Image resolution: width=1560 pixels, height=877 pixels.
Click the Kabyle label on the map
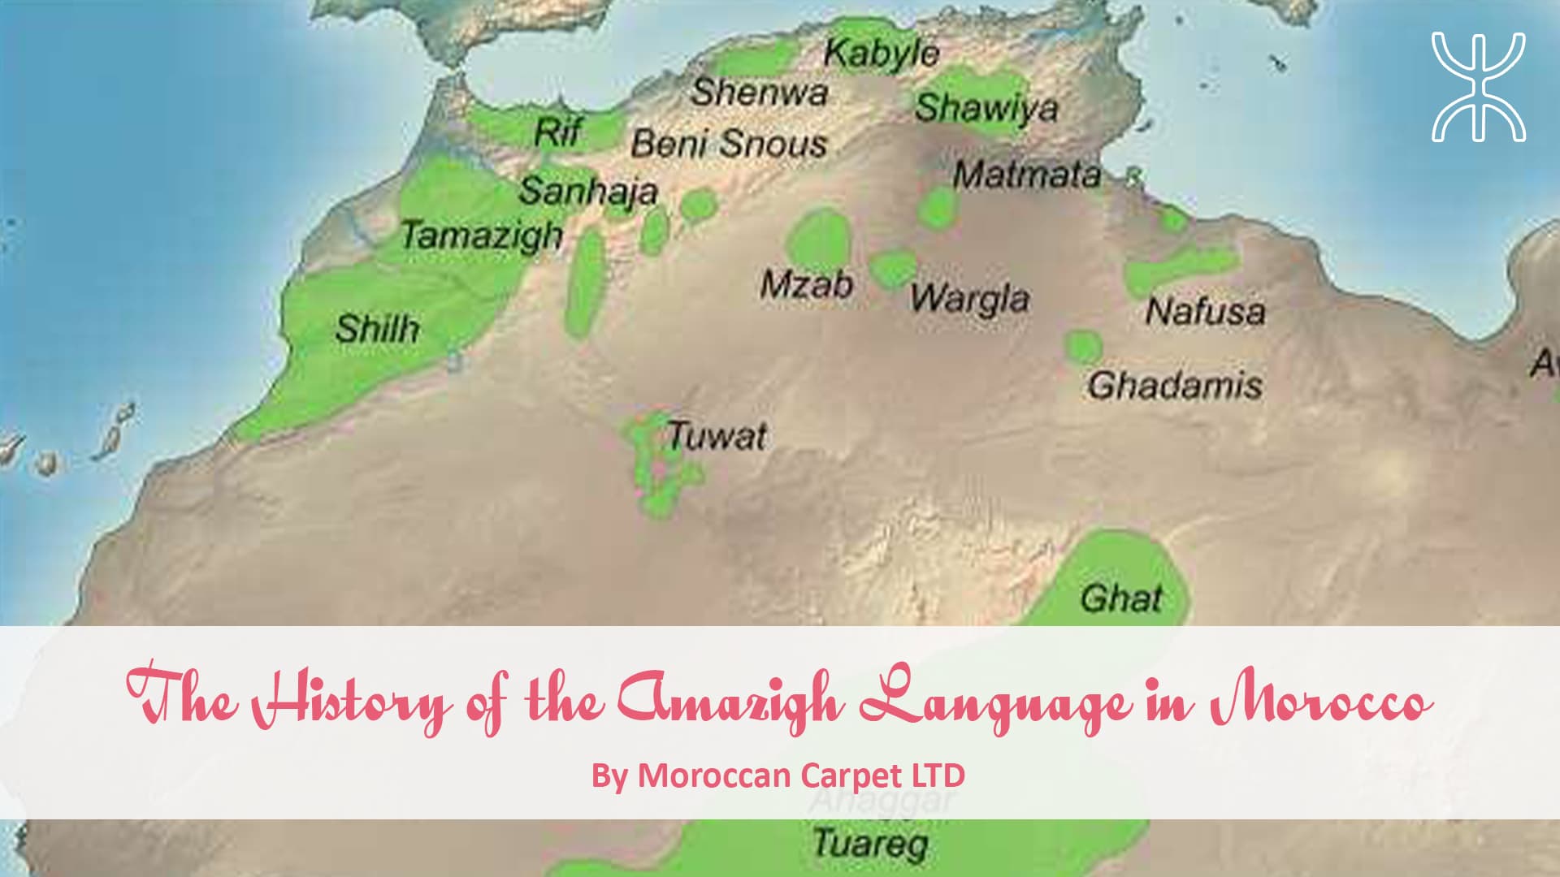[x=881, y=54]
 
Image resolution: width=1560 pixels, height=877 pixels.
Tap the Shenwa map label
[x=759, y=92]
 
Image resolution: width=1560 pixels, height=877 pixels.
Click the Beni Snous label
[x=729, y=144]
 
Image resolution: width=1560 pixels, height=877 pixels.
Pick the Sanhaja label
[x=588, y=192]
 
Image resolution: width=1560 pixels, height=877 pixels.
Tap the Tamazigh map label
[x=481, y=236]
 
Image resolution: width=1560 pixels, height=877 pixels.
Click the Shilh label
[x=377, y=329]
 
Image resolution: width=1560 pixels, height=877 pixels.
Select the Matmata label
[x=1027, y=175]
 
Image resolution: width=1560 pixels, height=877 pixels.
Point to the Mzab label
[x=806, y=285]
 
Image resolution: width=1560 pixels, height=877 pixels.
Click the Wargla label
[x=968, y=299]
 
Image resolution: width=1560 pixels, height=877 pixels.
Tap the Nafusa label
[x=1205, y=311]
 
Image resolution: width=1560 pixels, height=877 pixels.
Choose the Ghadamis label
[x=1175, y=385]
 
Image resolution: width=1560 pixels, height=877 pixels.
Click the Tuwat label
[x=717, y=437]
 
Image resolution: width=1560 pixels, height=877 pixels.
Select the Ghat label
[x=1121, y=598]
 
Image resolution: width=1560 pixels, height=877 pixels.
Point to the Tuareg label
[x=870, y=844]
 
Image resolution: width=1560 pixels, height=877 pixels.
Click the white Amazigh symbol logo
[x=1478, y=87]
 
